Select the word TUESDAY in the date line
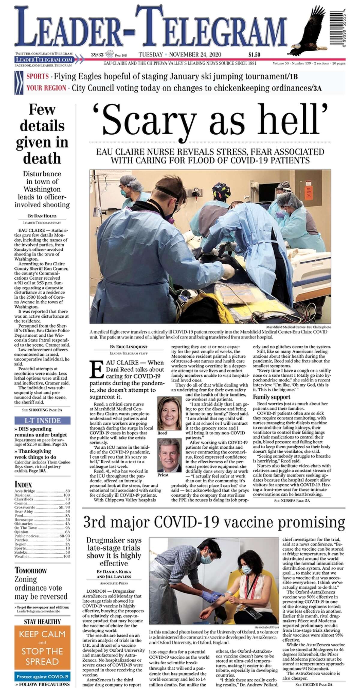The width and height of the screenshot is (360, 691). click(x=151, y=55)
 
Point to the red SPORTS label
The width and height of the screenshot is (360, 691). click(x=37, y=76)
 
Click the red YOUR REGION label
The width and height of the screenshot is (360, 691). click(x=46, y=88)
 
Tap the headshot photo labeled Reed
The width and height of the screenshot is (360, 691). click(x=169, y=413)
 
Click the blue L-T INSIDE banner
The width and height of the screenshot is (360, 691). click(x=42, y=420)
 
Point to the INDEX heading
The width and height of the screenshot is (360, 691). click(x=23, y=484)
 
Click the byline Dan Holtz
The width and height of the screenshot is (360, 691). click(x=42, y=216)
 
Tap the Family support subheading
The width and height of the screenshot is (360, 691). click(x=272, y=397)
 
